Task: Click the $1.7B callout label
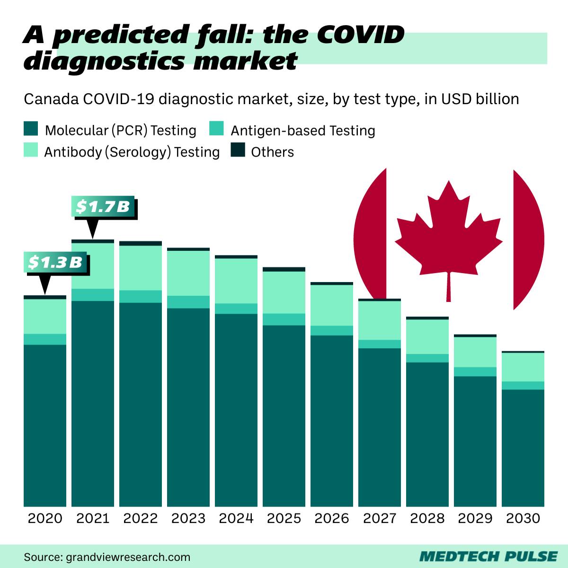[103, 207]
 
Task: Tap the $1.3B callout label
[56, 262]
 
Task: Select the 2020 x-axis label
[45, 518]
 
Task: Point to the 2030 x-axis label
[523, 518]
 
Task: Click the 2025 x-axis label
[284, 518]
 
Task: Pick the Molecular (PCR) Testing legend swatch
[31, 129]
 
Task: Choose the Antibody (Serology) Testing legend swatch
[31, 151]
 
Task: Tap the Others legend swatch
[238, 151]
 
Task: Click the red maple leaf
[448, 232]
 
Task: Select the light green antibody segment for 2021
[93, 266]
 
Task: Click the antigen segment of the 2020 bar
[45, 339]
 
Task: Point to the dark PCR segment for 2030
[523, 447]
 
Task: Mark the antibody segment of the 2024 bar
[236, 281]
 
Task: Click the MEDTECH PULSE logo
[488, 556]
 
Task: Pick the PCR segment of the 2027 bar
[380, 426]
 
